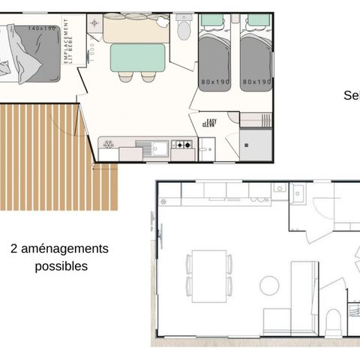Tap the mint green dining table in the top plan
coord(137,57)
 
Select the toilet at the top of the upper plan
coord(184,30)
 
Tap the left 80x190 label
coord(214,82)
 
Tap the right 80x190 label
coord(257,82)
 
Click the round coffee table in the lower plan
coord(269,285)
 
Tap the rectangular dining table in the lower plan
coord(208,275)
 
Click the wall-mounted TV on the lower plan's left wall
coord(159,234)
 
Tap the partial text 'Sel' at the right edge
coord(351,95)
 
